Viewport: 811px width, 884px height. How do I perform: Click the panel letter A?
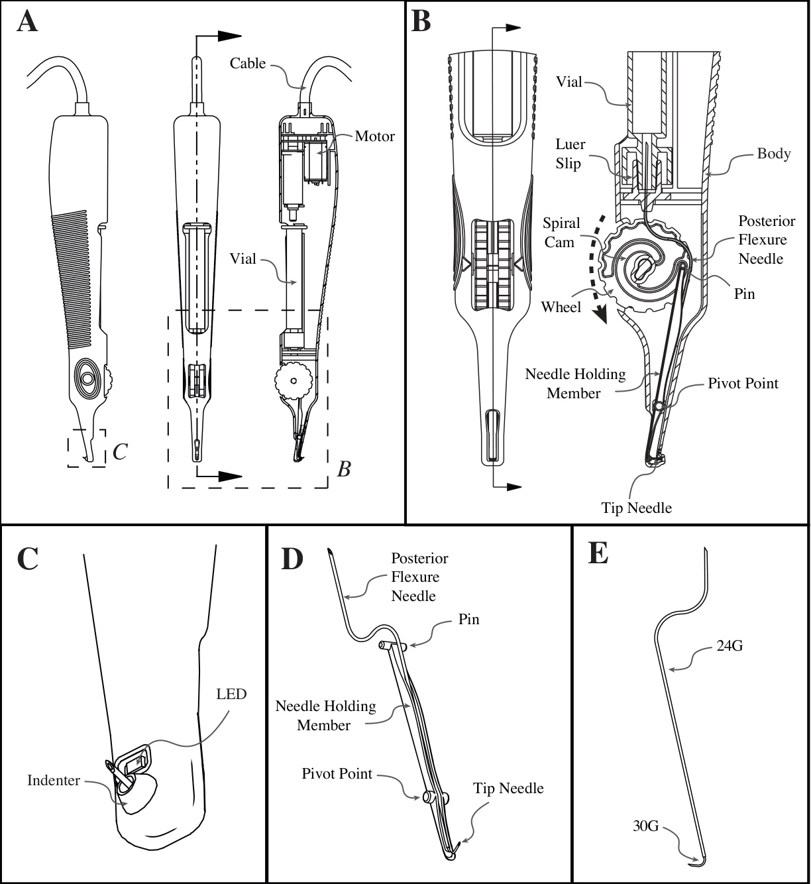(27, 21)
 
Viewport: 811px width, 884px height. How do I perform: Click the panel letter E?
(598, 553)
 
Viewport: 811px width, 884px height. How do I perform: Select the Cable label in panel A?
(248, 63)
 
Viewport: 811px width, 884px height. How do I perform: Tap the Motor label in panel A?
(374, 136)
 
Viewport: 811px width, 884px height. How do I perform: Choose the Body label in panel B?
(773, 153)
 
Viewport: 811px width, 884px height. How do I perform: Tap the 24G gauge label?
(730, 645)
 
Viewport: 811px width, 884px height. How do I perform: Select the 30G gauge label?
(645, 826)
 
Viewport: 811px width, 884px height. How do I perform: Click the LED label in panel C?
(231, 694)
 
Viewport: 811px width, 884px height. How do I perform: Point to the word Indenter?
(53, 780)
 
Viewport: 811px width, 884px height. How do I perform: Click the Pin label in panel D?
(468, 620)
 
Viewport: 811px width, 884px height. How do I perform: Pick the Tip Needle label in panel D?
(508, 788)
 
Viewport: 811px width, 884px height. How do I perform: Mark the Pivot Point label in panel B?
(743, 383)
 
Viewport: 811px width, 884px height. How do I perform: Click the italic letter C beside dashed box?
(120, 451)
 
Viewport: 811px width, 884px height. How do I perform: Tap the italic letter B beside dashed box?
(343, 469)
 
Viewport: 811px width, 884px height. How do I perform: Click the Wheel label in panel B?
(561, 306)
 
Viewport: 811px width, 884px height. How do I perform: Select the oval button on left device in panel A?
(87, 379)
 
